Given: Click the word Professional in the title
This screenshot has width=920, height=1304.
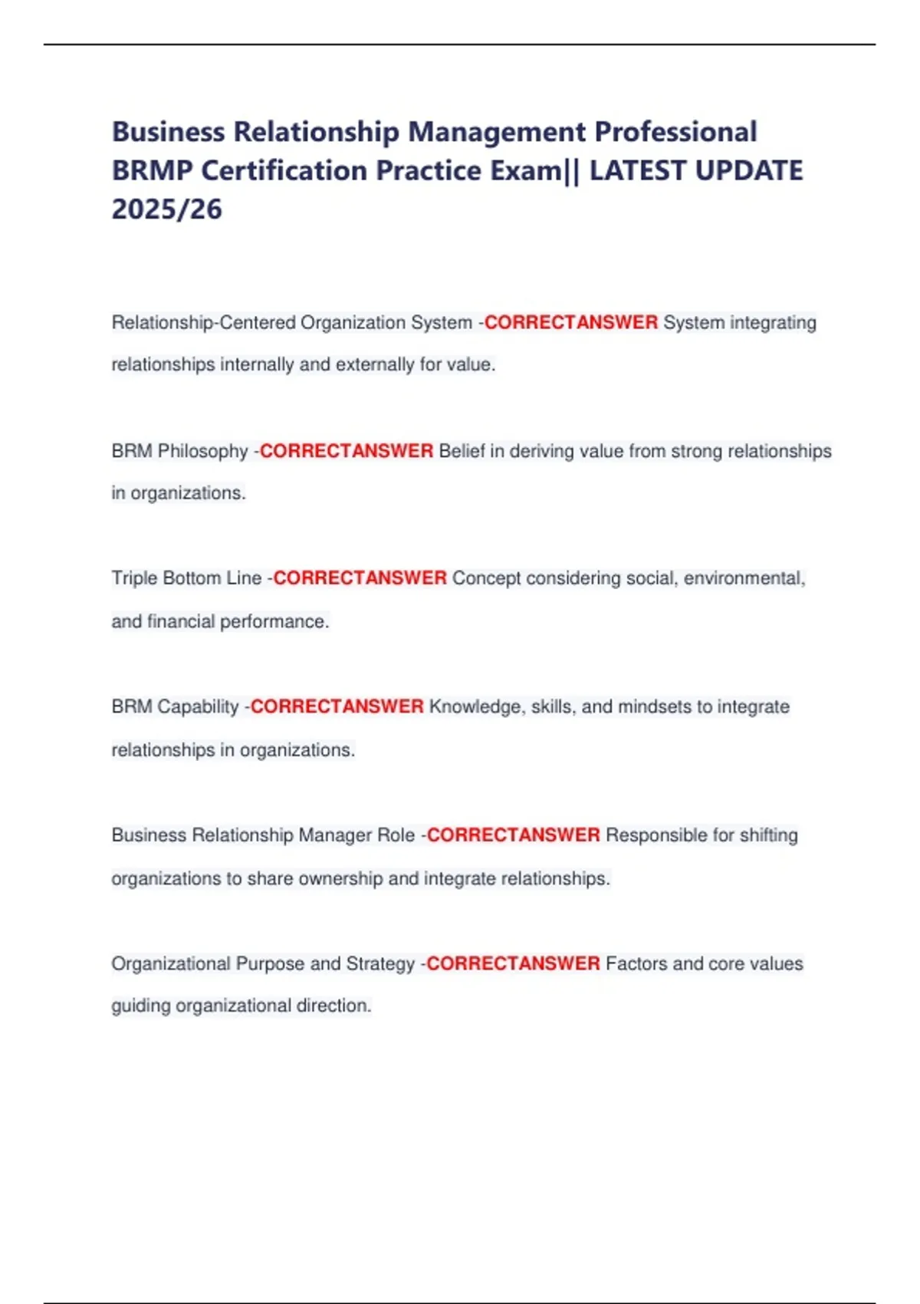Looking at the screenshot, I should click(675, 132).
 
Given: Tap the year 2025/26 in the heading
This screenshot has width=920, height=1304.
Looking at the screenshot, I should click(167, 209).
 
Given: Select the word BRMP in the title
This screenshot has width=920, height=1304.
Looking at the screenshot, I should click(152, 170).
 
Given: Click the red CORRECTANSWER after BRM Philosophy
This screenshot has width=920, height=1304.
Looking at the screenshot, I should click(347, 451).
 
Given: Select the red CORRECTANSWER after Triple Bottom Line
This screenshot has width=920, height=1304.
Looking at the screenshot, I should click(360, 578).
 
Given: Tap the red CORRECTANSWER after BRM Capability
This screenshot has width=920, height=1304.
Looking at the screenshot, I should click(337, 706).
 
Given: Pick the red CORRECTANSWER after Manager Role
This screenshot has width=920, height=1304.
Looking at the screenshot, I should click(513, 835).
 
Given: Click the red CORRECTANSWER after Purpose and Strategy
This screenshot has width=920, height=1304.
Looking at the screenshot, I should click(513, 963).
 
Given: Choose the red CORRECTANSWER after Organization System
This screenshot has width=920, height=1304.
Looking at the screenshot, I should click(570, 323).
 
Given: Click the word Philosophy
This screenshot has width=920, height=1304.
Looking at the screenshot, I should click(202, 451).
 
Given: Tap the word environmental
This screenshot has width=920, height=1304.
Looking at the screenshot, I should click(744, 578).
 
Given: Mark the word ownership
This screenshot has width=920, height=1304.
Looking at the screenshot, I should click(340, 878).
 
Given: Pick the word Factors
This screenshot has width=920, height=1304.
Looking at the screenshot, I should click(636, 963).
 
